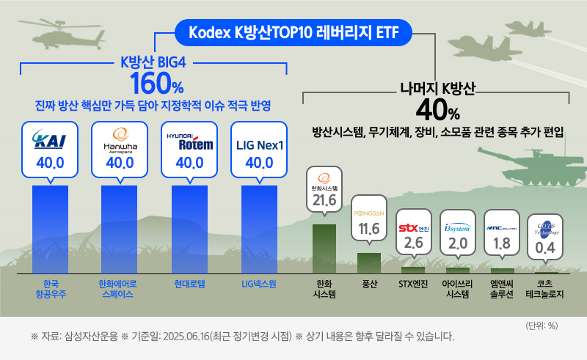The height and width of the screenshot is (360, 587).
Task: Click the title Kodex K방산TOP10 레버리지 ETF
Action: tap(293, 32)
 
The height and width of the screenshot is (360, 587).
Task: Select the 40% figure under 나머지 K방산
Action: tap(437, 111)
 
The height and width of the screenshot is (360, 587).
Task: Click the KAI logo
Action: tap(51, 140)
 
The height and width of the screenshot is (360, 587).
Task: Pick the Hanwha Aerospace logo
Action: tap(120, 140)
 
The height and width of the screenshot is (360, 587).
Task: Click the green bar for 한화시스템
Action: tap(324, 248)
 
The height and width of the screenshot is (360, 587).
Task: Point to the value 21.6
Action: tap(324, 200)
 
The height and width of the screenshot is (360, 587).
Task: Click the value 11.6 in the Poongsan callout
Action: tap(369, 229)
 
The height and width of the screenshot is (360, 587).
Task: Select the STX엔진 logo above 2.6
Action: tap(414, 227)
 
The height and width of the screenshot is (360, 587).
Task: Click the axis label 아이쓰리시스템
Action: tap(458, 289)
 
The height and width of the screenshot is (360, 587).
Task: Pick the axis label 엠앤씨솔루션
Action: tap(503, 289)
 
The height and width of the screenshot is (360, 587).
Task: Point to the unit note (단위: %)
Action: tap(542, 326)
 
